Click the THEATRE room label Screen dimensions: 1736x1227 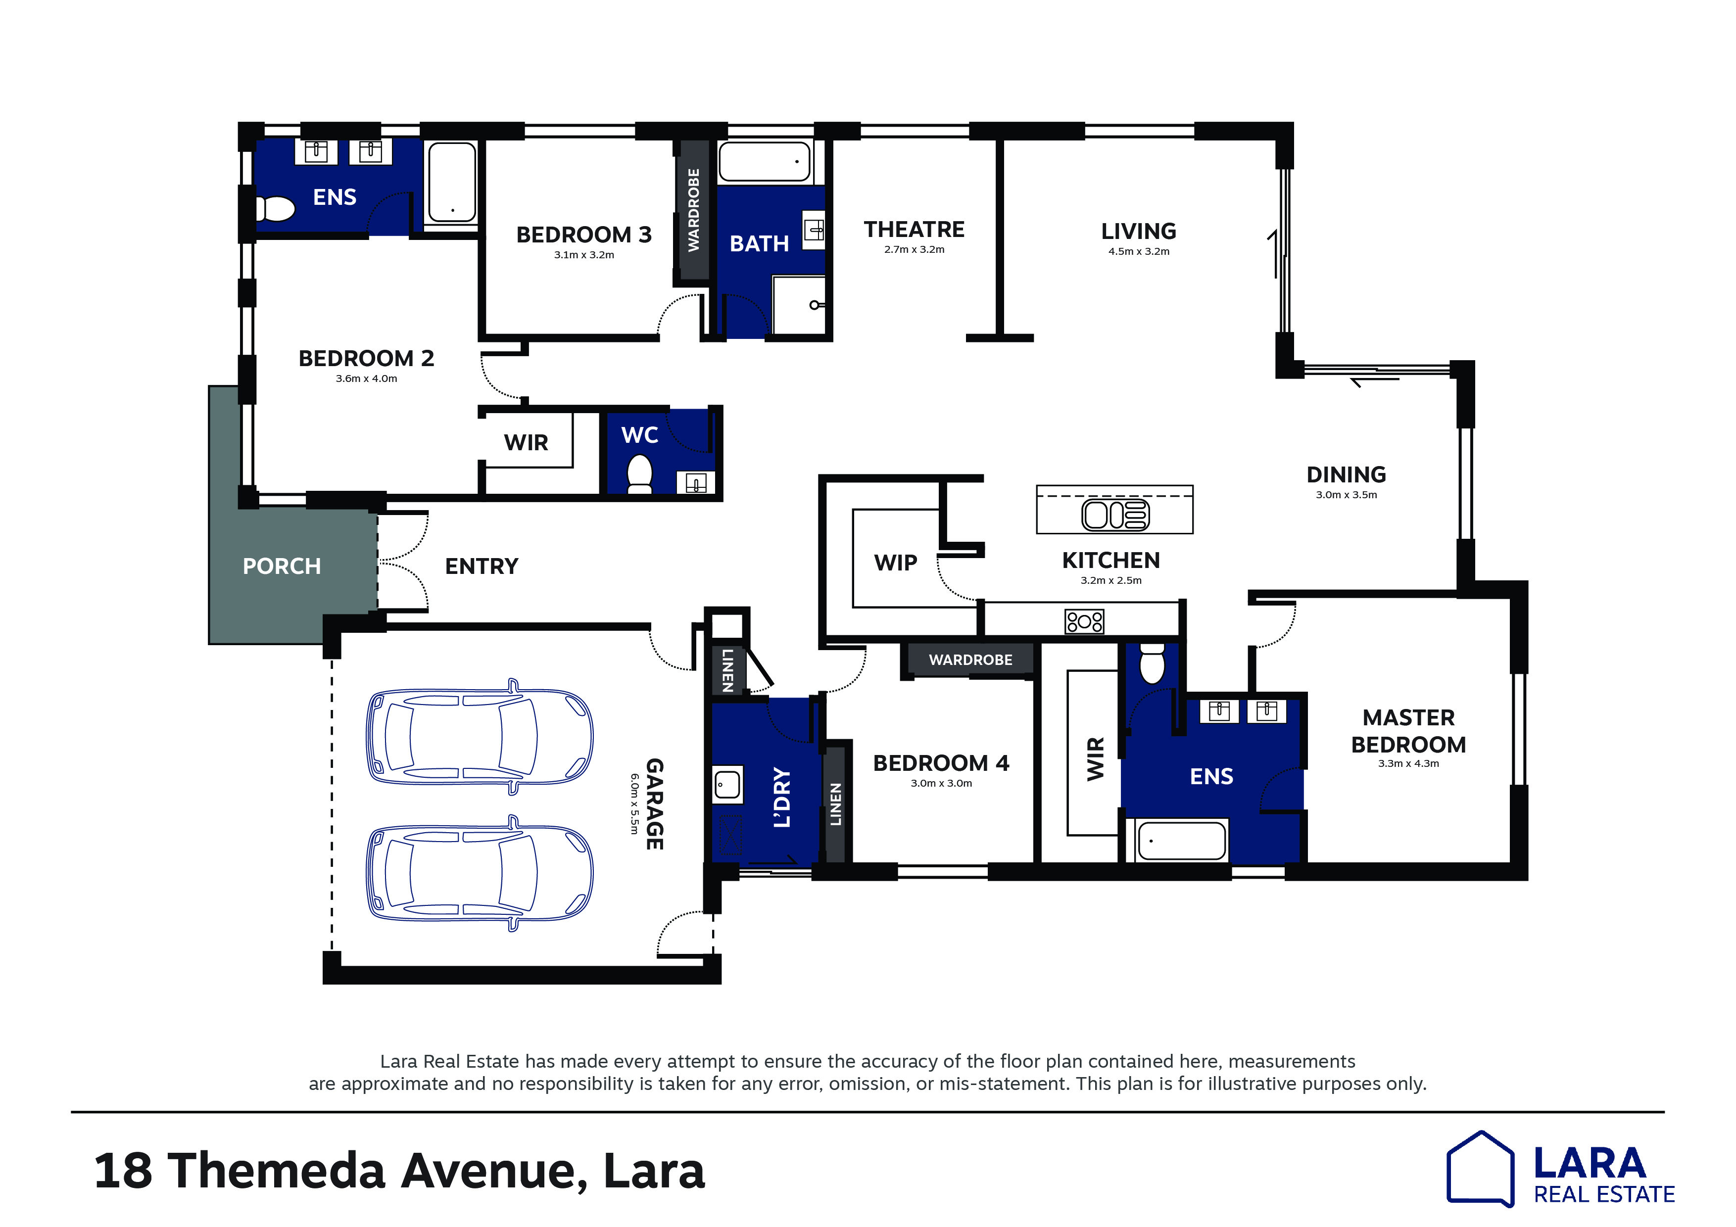click(914, 229)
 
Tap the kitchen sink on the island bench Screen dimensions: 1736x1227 click(1115, 515)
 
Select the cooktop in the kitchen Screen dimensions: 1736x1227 click(1084, 621)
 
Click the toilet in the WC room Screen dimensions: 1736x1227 click(640, 474)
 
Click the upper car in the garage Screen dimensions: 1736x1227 click(480, 736)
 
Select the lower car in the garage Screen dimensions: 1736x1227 click(480, 873)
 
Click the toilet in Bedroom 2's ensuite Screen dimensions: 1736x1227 click(275, 209)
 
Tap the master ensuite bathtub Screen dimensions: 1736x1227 click(1181, 841)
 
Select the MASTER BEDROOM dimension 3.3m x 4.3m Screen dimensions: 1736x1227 click(1408, 763)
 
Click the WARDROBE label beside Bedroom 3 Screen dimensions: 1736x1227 click(693, 210)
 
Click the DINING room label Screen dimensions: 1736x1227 click(1346, 475)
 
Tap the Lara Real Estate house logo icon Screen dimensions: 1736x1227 click(1480, 1169)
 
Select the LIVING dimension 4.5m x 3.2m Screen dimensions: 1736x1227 click(1139, 252)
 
